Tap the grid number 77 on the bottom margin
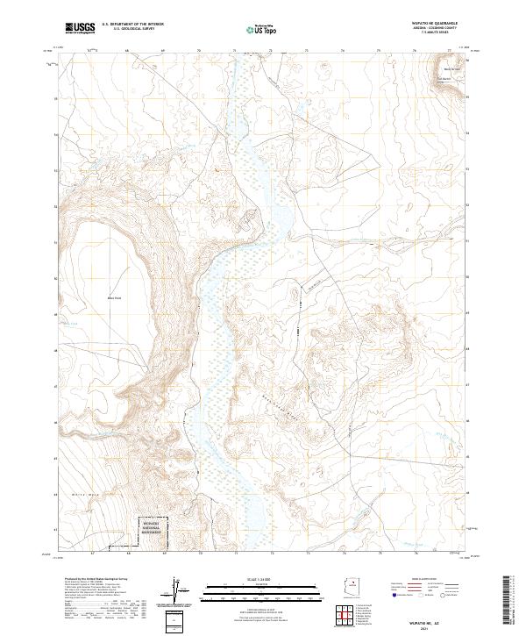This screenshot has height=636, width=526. tap(451, 554)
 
